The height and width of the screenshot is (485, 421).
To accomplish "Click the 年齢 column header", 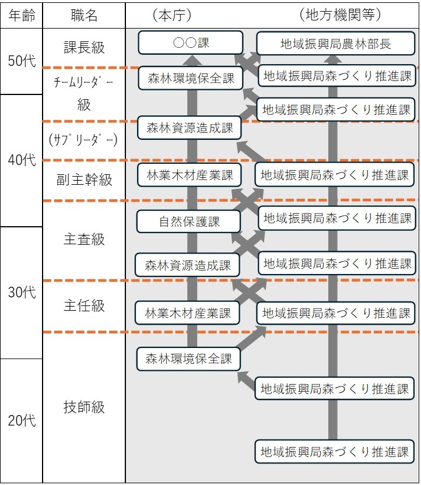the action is coord(22,16).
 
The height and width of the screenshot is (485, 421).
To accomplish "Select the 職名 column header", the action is coord(84,16).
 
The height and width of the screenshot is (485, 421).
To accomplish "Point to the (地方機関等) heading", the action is coord(340,15).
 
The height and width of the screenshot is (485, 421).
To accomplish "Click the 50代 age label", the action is coord(22,61).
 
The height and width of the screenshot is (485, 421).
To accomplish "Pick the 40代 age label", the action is coord(22,160).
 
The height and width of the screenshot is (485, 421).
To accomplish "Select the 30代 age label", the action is coord(22,292).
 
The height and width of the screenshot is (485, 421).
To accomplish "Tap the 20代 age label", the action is coord(22,420).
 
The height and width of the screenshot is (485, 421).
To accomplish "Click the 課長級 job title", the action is coord(84,48).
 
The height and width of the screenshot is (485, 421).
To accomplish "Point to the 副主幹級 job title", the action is coord(84,180).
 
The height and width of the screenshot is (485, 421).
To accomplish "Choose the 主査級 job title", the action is coord(84,240).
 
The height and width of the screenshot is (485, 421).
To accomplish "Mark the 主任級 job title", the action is coord(84,305).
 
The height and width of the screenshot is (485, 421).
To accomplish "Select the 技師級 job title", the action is coord(84,407).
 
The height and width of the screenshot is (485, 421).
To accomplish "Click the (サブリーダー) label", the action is coord(83,140).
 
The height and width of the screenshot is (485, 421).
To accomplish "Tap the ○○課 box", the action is coord(191,43).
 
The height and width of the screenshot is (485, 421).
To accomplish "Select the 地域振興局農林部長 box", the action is coord(336,44).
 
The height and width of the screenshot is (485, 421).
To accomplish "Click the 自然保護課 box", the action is coord(189,222).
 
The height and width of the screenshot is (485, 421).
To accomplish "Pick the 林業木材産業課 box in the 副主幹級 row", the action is coord(190,175).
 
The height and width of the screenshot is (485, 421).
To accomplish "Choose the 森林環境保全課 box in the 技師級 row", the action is coord(188,359).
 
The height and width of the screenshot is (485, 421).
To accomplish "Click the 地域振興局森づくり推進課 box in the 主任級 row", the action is coord(336,313).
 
